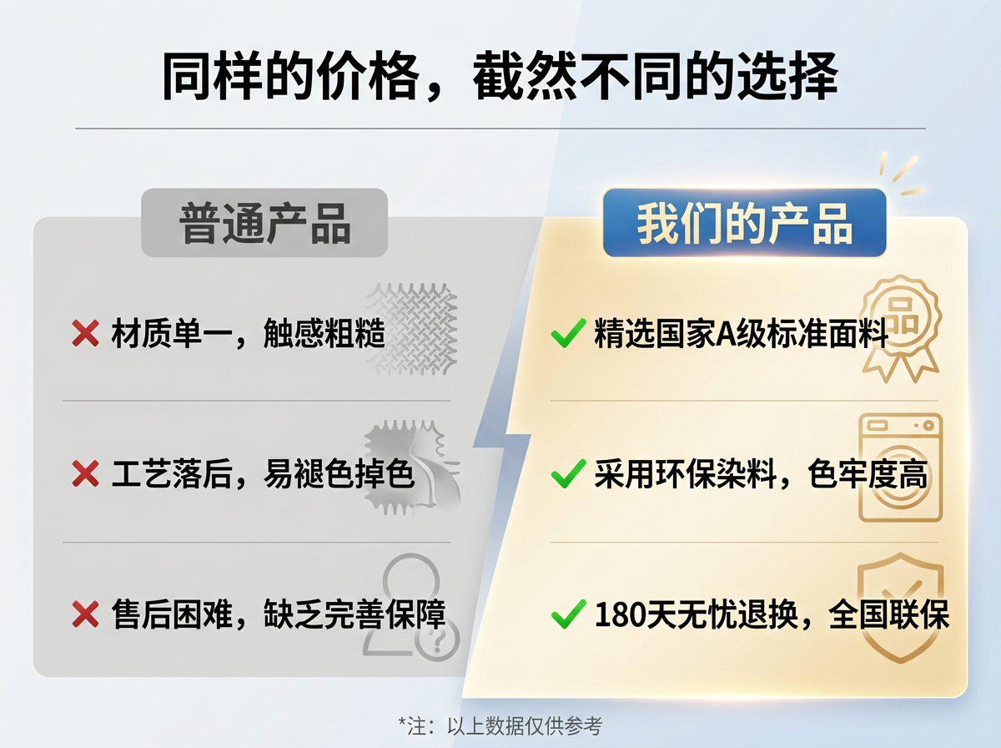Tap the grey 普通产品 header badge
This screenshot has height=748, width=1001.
coord(264,223)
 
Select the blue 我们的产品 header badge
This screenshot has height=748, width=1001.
coord(744,223)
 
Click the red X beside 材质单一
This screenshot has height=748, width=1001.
coord(85,334)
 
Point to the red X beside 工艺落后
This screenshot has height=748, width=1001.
coord(85,475)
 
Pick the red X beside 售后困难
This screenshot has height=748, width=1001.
coord(85,615)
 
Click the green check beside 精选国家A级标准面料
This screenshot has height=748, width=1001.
coord(567,336)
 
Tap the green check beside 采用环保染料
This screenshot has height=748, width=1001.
coord(567,476)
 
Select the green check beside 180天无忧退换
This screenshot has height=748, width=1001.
coord(567,616)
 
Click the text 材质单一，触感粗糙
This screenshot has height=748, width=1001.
coord(248,334)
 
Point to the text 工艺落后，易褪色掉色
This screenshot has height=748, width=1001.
coord(263,475)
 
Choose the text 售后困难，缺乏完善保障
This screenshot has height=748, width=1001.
coord(278,615)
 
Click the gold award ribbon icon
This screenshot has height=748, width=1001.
coord(899,328)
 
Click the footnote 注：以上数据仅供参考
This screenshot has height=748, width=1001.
coord(500,725)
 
